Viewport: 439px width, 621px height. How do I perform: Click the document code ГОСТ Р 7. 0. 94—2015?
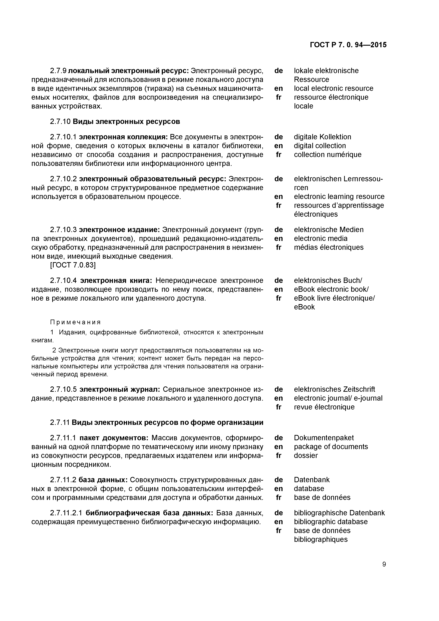(x=348, y=45)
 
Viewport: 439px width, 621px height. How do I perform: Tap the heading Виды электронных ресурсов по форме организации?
(x=167, y=423)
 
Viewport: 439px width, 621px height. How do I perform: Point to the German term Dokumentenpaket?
(x=324, y=438)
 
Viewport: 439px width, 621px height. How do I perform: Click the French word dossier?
(x=306, y=455)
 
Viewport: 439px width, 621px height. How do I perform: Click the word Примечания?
(x=75, y=322)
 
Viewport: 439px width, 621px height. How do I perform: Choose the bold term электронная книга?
(x=116, y=280)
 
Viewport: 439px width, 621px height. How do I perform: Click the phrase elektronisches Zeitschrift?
(x=334, y=389)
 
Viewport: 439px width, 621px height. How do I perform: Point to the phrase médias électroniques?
(x=329, y=247)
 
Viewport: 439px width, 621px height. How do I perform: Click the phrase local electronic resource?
(x=333, y=89)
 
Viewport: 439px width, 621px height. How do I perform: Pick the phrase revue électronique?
(x=324, y=407)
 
